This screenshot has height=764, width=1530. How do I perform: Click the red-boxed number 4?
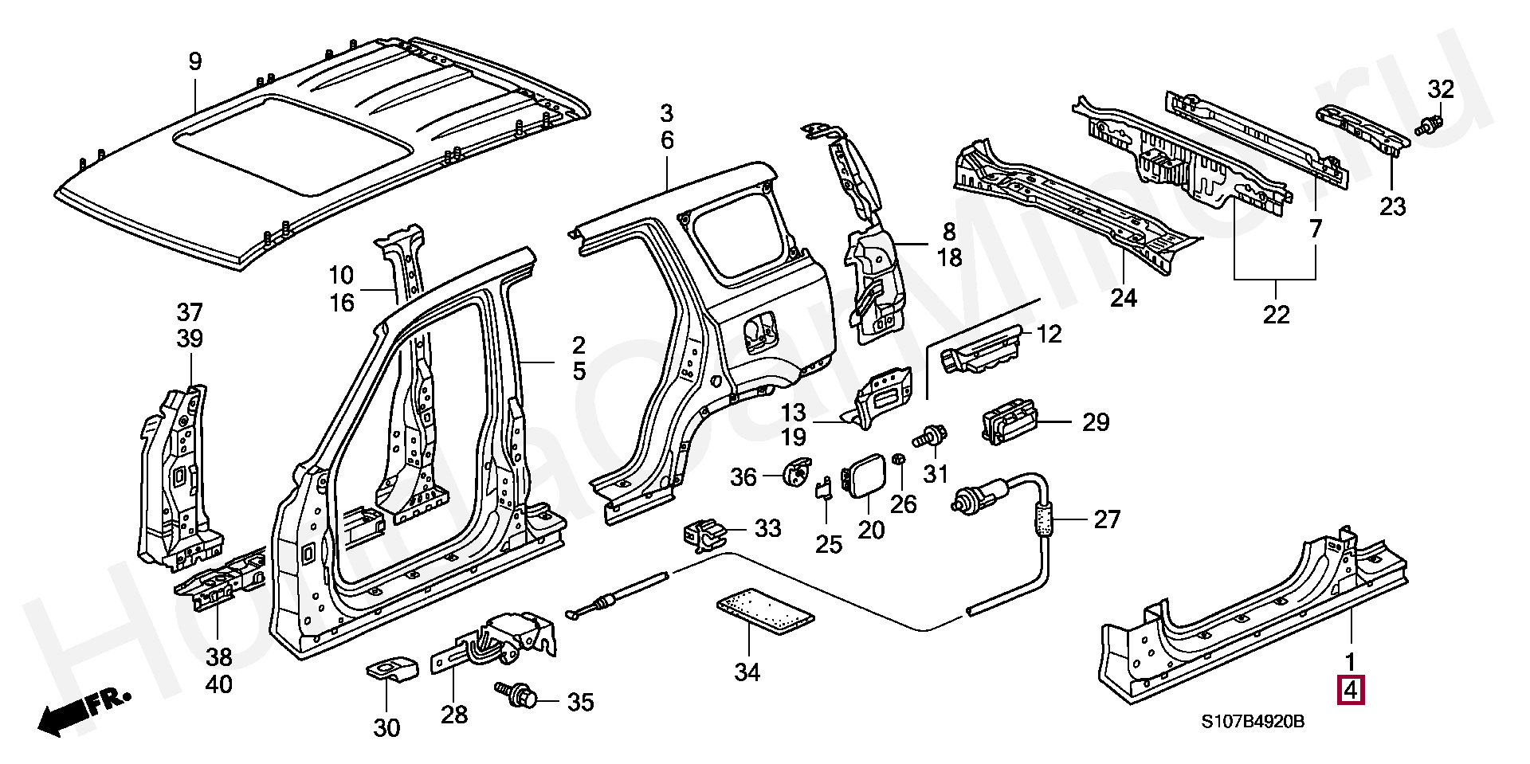click(1351, 690)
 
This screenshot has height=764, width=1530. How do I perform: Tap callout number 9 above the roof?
click(195, 61)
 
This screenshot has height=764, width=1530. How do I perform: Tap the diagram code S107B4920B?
click(1253, 722)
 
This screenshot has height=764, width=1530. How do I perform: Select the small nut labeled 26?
click(899, 460)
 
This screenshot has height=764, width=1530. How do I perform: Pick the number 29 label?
click(1096, 421)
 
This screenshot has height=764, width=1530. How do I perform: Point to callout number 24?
click(1124, 298)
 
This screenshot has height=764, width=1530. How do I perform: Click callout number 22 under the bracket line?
click(1276, 315)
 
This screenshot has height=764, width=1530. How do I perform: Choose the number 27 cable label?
click(1107, 519)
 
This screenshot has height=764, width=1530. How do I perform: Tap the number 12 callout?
click(1049, 334)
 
